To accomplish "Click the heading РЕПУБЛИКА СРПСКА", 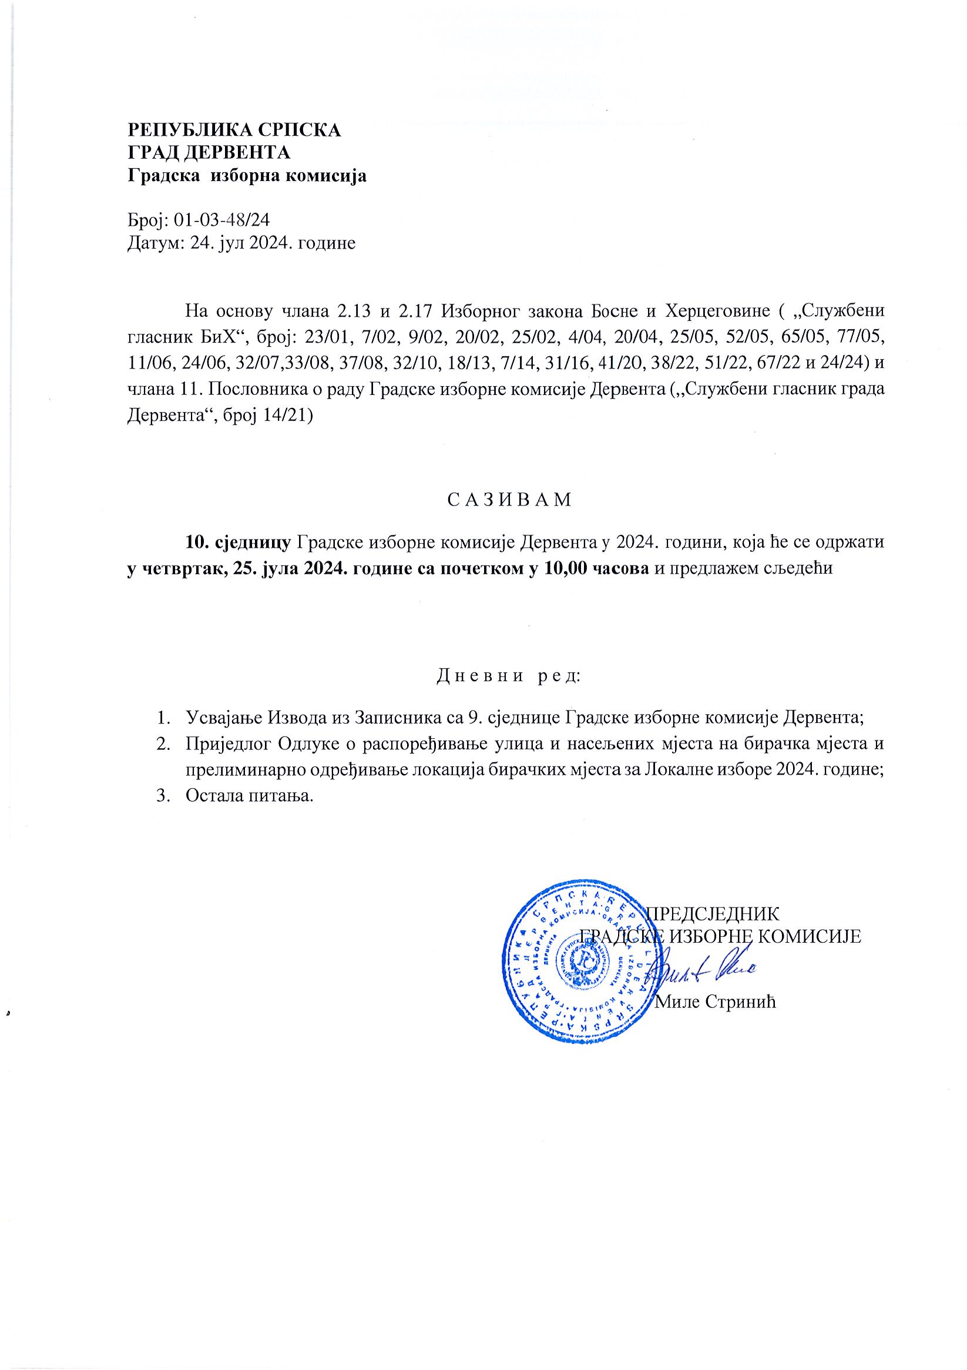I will pyautogui.click(x=235, y=129).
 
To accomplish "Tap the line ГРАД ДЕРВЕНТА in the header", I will pyautogui.click(x=209, y=153).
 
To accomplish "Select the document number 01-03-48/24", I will pyautogui.click(x=222, y=220).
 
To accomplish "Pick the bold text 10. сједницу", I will pyautogui.click(x=239, y=542).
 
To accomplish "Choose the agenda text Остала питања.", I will pyautogui.click(x=250, y=796).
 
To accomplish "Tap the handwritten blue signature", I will pyautogui.click(x=704, y=972).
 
